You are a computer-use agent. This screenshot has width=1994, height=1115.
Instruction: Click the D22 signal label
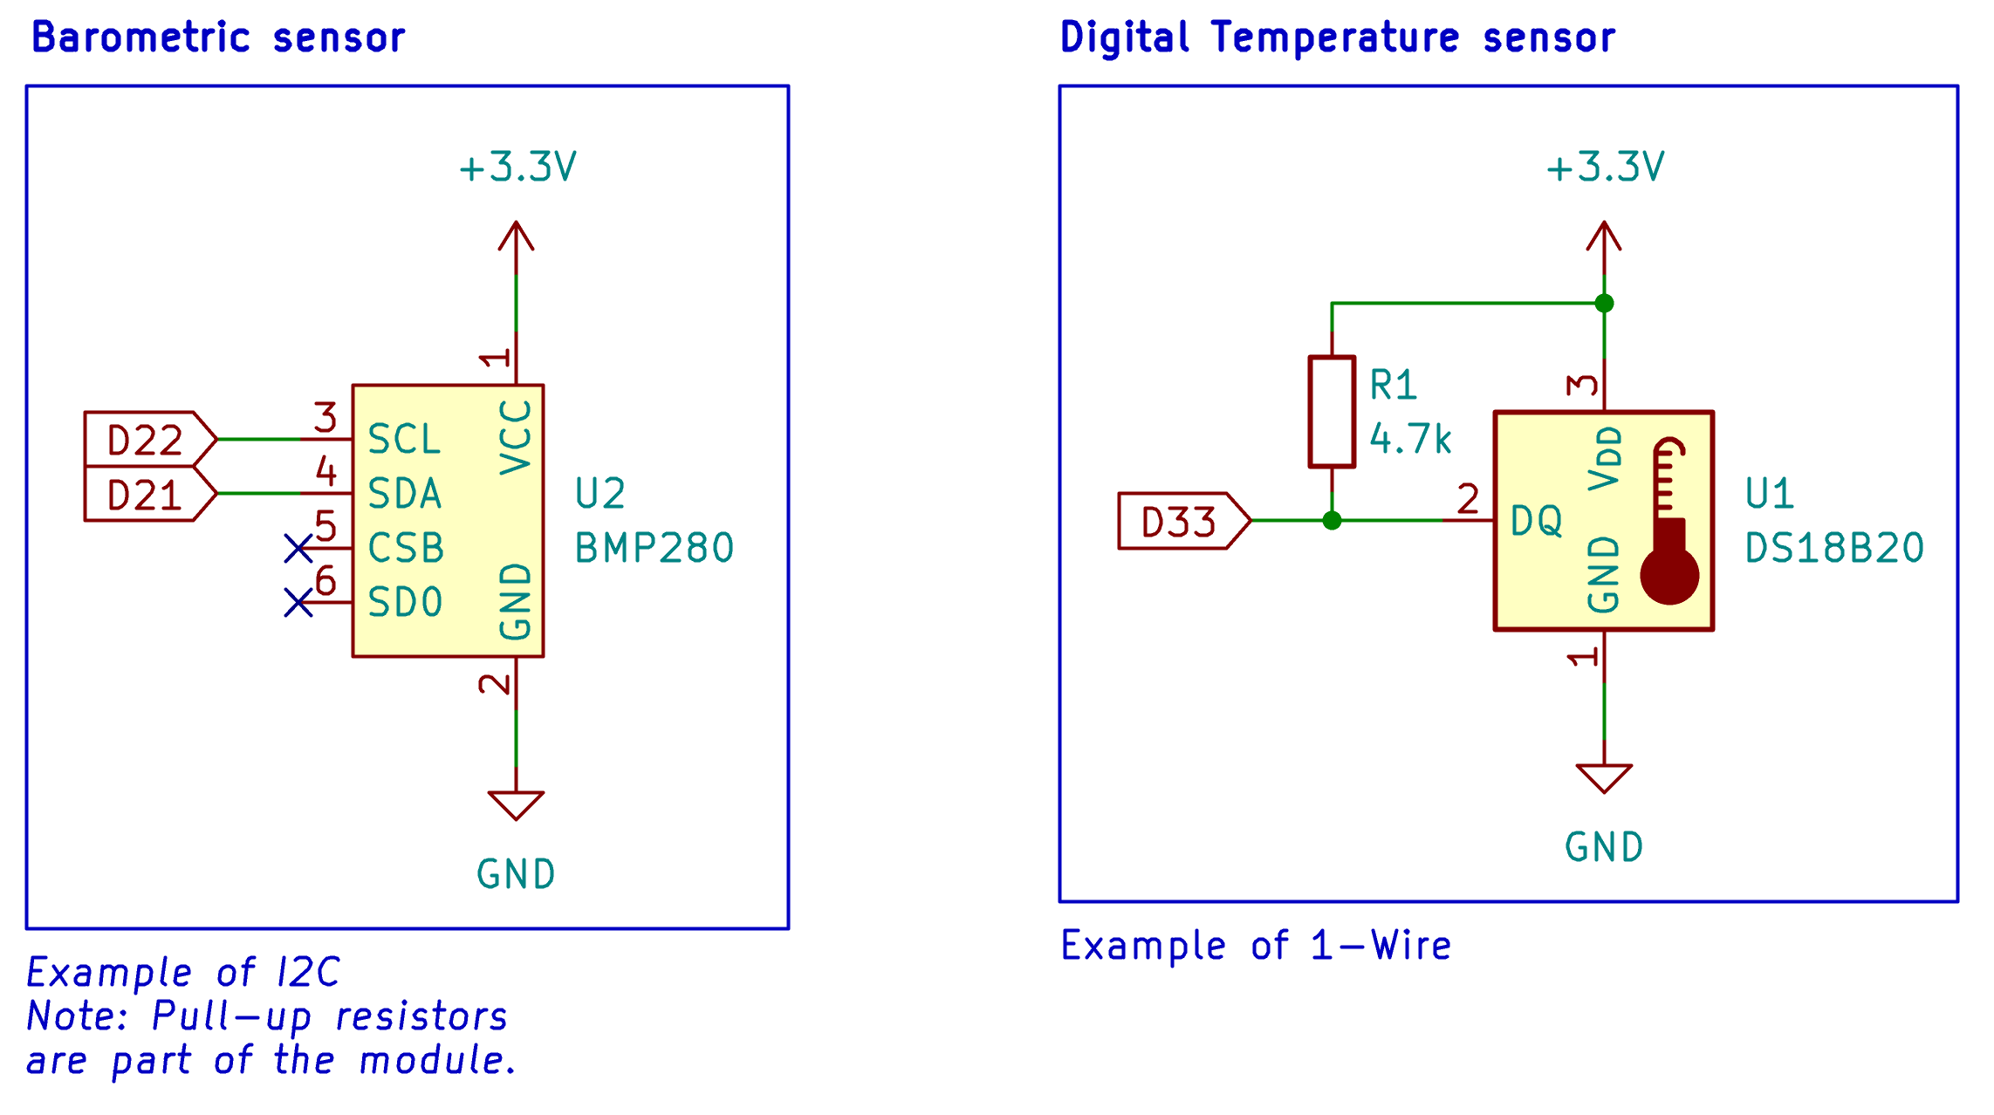150,440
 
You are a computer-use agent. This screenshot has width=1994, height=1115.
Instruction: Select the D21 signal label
150,495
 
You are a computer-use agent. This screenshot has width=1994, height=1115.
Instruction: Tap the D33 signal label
1184,522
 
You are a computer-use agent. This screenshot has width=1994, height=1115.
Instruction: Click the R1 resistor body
1332,412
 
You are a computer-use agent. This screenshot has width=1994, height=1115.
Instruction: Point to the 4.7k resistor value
1410,439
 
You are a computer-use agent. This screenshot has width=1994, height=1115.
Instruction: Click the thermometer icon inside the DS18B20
1669,521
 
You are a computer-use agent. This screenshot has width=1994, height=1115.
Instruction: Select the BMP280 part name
654,549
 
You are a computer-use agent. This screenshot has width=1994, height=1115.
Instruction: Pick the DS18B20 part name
1834,549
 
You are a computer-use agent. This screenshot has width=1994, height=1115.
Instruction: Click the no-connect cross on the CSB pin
298,549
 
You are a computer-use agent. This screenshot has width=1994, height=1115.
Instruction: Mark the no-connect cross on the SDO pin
298,603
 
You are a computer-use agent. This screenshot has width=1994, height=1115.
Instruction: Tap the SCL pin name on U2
404,440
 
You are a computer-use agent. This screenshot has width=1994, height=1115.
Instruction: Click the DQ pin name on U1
1537,521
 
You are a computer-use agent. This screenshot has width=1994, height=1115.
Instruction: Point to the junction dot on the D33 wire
1332,521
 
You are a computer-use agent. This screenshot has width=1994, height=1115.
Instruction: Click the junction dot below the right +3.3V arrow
1604,304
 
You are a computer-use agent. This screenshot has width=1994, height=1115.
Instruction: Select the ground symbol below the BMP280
516,805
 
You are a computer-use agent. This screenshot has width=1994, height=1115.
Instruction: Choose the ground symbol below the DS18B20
1604,778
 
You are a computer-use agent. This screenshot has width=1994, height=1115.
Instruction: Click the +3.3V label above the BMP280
518,167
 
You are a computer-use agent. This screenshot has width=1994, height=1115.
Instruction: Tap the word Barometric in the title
141,38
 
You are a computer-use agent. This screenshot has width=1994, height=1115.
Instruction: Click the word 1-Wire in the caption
1381,946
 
